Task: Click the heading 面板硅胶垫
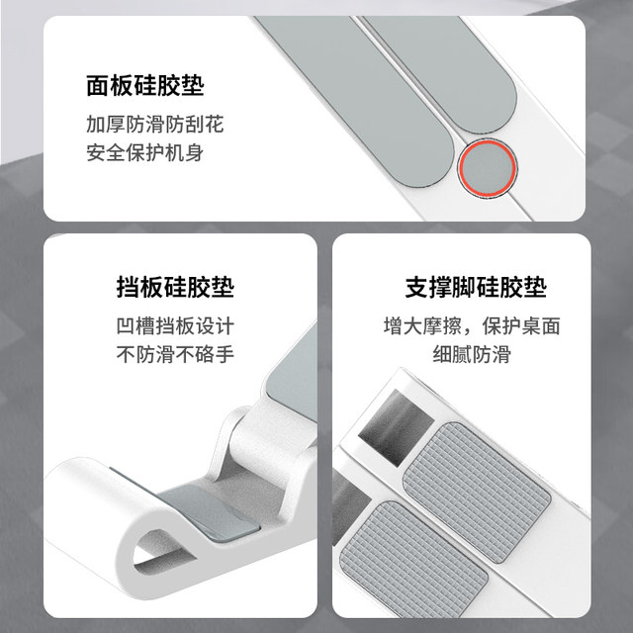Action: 144,86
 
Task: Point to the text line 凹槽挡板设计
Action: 175,327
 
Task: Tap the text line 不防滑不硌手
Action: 175,354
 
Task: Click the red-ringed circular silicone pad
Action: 486,167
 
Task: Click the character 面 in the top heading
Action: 97,86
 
